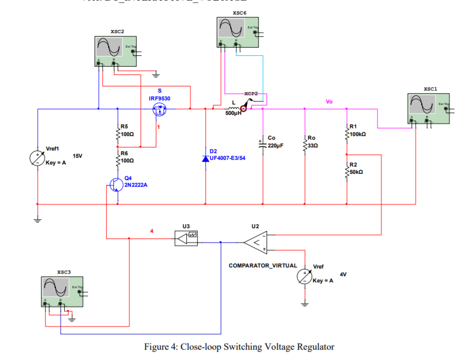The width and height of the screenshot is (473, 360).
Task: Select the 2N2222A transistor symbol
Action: [x=115, y=185]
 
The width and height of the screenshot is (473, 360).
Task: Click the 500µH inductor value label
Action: [x=233, y=113]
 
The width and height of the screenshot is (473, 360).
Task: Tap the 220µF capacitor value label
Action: [x=275, y=145]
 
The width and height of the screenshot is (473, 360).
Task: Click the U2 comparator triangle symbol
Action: [x=255, y=242]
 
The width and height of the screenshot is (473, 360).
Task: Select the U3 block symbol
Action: [x=186, y=238]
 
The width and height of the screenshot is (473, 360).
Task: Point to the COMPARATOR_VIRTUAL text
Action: [x=263, y=265]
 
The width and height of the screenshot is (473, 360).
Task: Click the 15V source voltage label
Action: [x=78, y=156]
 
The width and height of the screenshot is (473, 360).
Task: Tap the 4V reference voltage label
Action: [x=343, y=273]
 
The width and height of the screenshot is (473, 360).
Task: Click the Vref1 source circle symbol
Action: [x=38, y=158]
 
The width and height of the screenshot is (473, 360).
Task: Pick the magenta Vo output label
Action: [x=329, y=102]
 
